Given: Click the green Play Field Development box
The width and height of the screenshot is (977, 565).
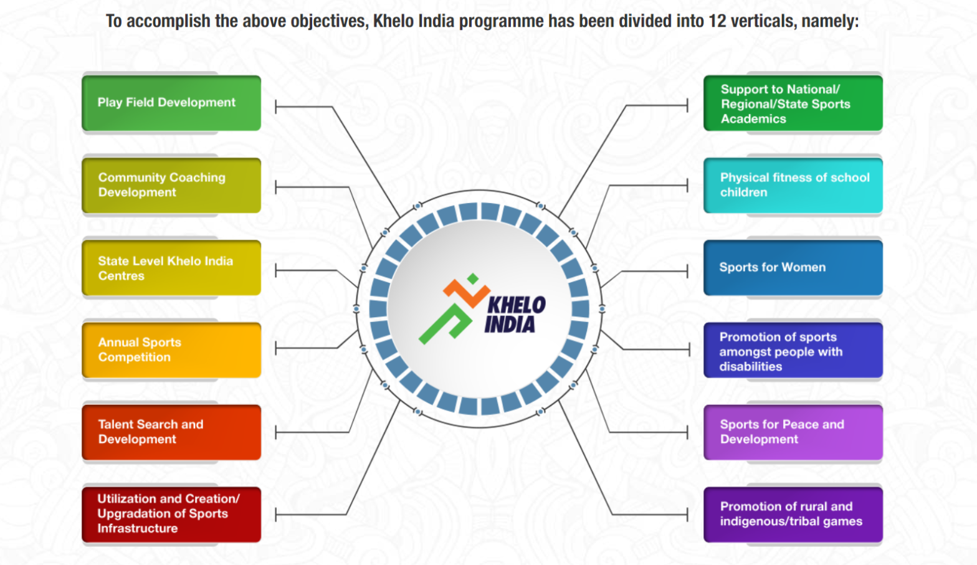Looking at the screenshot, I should (171, 103).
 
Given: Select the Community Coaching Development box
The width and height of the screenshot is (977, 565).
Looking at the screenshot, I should (171, 185).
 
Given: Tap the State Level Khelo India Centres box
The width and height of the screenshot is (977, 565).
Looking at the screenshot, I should (171, 268).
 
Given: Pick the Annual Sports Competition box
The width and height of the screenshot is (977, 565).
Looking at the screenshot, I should (171, 349).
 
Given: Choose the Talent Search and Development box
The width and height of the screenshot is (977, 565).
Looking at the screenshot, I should (171, 432).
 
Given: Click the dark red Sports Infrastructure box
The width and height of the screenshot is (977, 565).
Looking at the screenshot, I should (171, 514).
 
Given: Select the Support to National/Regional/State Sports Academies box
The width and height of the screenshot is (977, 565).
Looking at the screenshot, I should (793, 103).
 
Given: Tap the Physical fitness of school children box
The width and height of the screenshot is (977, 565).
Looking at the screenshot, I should (793, 185).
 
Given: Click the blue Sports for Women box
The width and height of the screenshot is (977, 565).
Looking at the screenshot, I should (793, 267).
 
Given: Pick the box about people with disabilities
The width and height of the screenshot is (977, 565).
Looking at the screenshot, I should (793, 351).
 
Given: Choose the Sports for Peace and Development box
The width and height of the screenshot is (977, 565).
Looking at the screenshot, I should (793, 432).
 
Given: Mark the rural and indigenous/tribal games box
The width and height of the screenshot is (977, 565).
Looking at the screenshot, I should (793, 514).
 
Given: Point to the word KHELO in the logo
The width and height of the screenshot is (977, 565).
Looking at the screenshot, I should (517, 305).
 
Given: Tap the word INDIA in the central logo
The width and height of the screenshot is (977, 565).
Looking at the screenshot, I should (510, 325).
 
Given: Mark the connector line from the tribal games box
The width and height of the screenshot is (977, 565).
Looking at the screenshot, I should (648, 515).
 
